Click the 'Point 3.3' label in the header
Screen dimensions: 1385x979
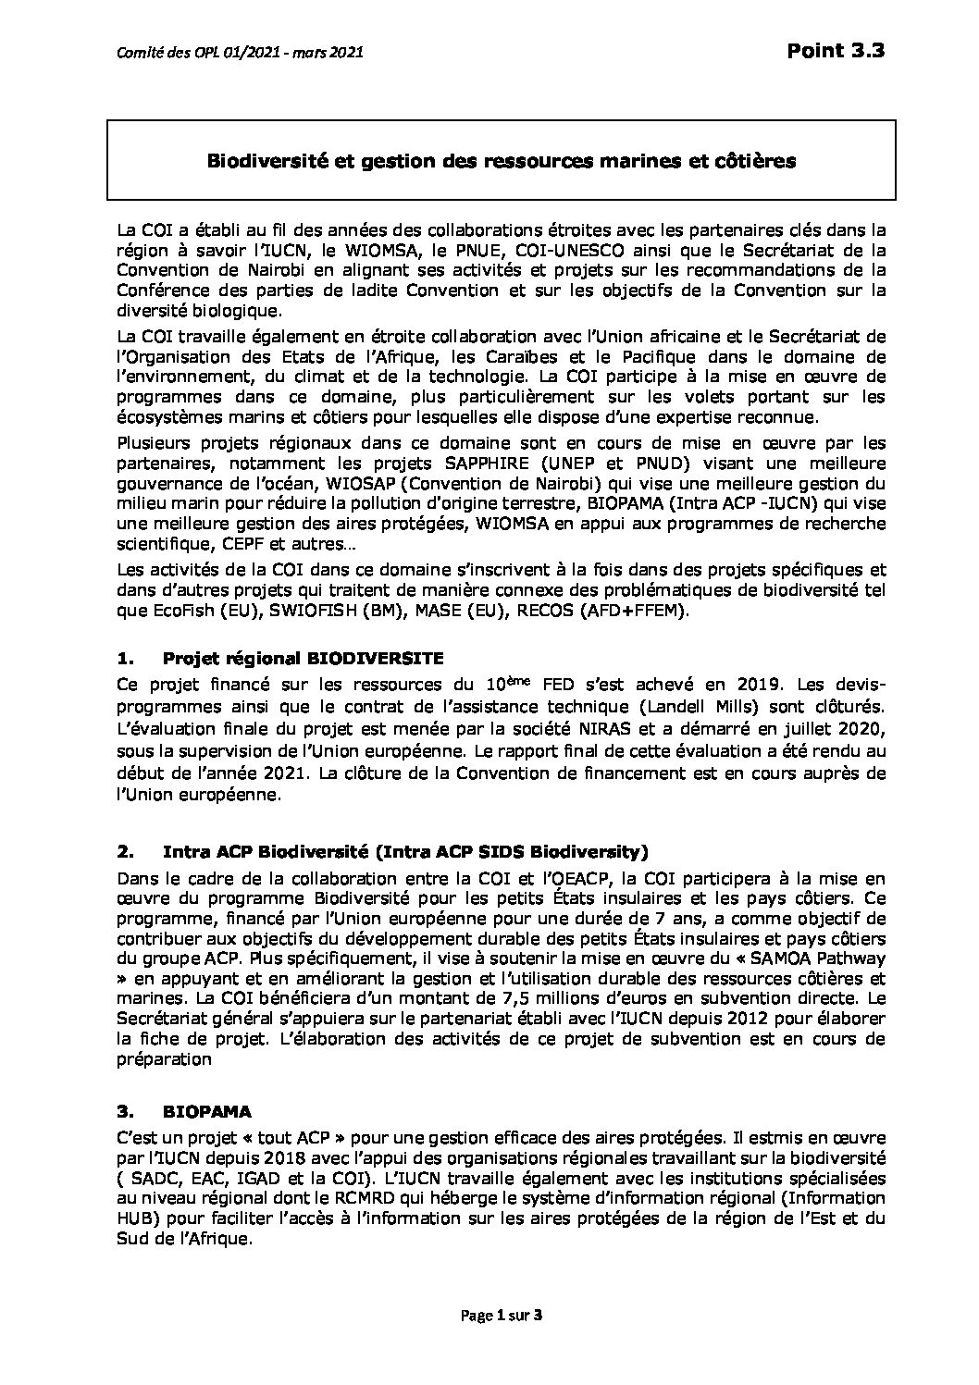836,52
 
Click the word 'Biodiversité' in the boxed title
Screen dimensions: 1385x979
254,162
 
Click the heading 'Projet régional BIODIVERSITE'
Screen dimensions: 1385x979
303,659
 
